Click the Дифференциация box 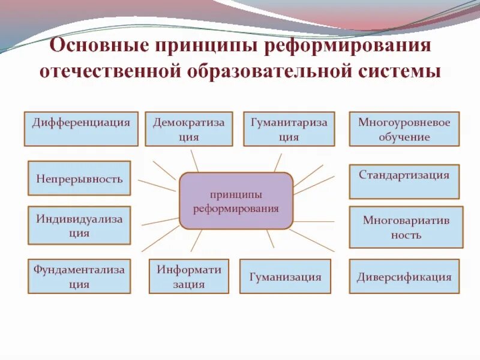81,128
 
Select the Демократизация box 188,129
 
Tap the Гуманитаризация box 289,129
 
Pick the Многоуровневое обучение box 404,129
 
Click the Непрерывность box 79,178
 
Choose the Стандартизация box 404,181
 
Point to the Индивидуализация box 79,226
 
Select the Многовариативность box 406,227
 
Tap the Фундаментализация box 79,276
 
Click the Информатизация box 189,276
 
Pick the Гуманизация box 285,277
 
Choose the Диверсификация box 404,277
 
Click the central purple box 236,201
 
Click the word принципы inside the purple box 236,195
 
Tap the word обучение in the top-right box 404,137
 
